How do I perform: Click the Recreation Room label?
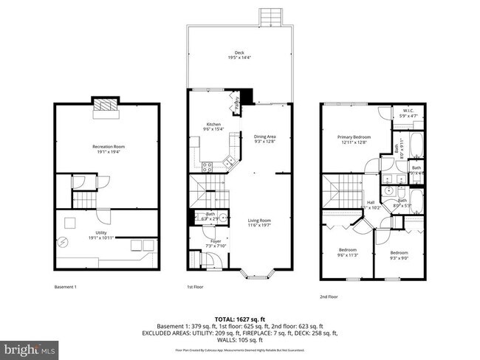107,147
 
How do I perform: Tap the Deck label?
239,52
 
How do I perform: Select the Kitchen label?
213,125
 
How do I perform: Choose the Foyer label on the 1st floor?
216,241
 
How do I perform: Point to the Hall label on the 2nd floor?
371,203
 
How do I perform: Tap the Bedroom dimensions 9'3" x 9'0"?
399,257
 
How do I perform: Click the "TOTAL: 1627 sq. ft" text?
239,316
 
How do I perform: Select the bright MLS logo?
30,346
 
